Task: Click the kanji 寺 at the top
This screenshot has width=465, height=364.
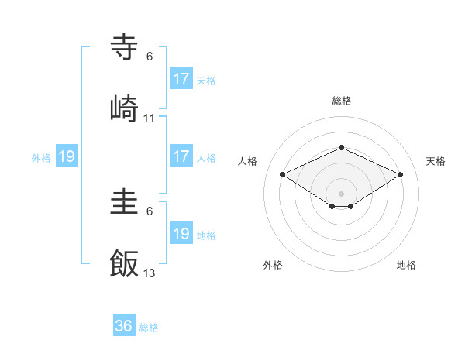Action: (125, 47)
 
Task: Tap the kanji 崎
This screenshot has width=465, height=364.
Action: (125, 108)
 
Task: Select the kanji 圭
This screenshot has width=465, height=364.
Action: (125, 204)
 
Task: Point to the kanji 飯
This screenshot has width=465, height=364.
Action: (125, 263)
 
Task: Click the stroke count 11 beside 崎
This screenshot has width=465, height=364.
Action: (150, 118)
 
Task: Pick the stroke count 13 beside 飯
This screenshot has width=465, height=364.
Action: (150, 273)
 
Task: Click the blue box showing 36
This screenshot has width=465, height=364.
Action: (124, 326)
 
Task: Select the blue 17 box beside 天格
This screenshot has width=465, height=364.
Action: (181, 79)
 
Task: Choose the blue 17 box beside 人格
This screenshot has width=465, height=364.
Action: (181, 156)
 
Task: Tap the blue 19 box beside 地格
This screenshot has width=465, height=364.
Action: (181, 234)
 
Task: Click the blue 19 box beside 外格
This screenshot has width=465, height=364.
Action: (67, 157)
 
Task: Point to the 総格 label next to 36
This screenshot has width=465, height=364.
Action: (149, 328)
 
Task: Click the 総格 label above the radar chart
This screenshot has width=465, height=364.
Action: (342, 101)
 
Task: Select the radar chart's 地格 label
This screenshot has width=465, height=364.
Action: (406, 266)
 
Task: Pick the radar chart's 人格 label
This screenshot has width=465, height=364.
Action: (248, 161)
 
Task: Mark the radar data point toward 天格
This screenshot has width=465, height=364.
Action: (401, 175)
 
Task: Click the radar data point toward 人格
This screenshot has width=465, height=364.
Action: (283, 174)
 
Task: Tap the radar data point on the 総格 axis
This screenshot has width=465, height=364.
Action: (341, 147)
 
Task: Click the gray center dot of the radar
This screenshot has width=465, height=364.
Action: (341, 192)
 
